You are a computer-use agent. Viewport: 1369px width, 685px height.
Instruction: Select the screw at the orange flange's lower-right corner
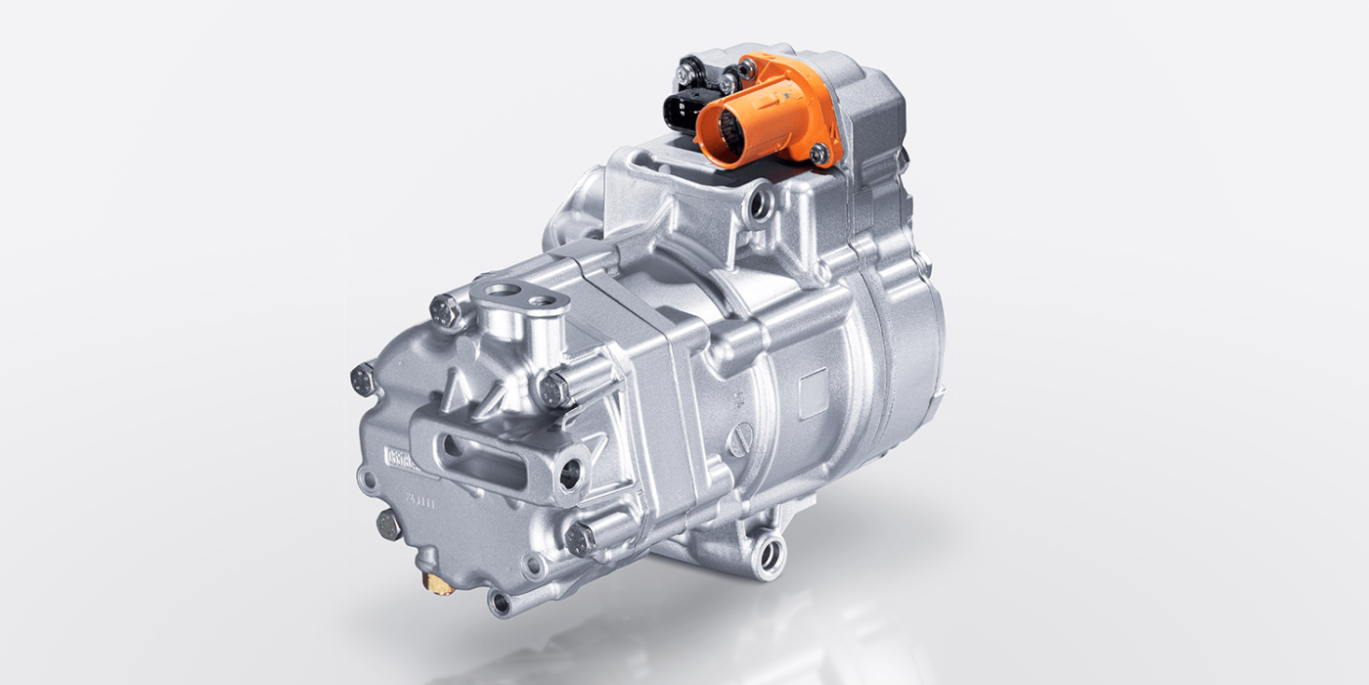pos(818,153)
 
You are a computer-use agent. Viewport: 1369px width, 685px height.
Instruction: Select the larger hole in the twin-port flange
pos(499,291)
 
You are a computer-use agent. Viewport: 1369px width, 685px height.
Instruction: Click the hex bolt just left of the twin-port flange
pos(444,312)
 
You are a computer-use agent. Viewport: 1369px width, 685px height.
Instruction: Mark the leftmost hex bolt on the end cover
pos(363,379)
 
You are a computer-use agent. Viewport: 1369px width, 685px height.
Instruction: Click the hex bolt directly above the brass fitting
pos(388,525)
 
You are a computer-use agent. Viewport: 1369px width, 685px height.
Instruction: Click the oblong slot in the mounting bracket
pos(485,460)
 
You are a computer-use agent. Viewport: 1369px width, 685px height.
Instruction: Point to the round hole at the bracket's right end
pos(569,474)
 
